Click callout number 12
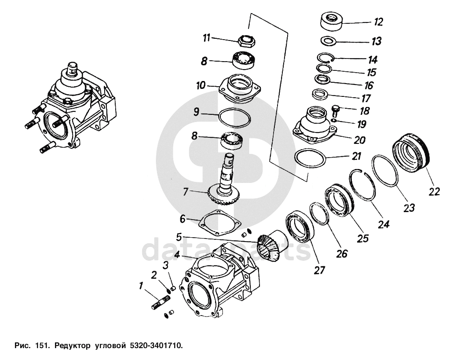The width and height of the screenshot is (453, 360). (x=378, y=21)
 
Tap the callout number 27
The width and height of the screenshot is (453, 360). (x=320, y=270)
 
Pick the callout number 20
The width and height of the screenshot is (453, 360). (x=360, y=140)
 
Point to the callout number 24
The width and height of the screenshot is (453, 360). (x=384, y=224)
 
